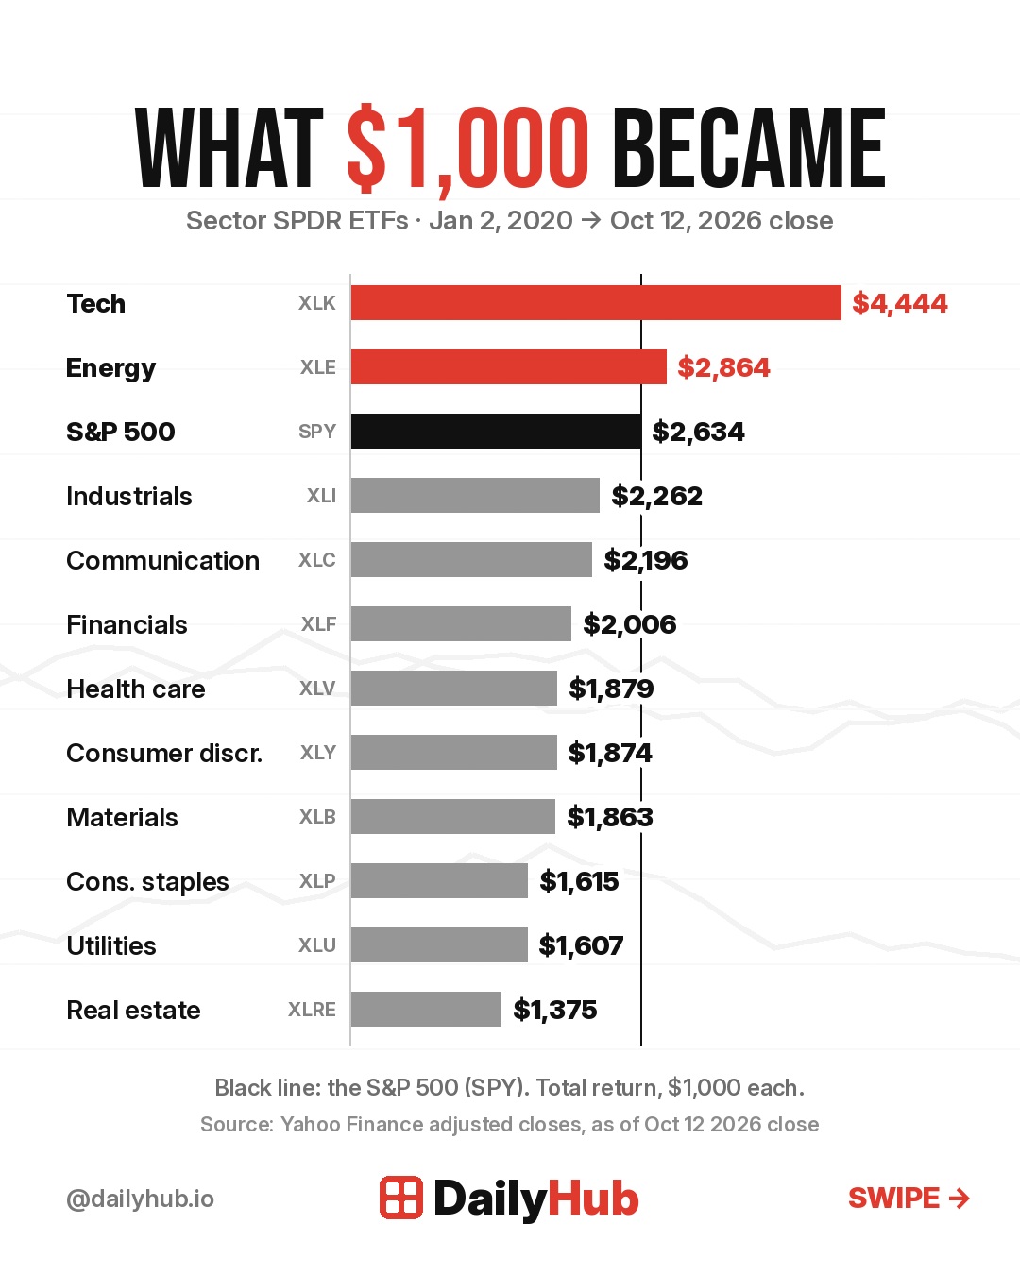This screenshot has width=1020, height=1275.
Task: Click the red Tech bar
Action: pos(596,303)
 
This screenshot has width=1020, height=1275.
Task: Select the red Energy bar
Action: pos(508,366)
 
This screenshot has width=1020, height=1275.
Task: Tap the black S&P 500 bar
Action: pos(496,431)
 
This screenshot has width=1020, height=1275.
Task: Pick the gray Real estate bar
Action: pos(426,1009)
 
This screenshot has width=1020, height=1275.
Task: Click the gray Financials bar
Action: pos(461,623)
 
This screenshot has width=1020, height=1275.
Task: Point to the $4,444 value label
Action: pos(900,303)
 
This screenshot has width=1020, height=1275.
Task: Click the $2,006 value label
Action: pos(629,624)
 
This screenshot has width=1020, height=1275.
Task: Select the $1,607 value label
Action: pos(581,945)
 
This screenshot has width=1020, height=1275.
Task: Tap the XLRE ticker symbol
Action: pos(312,1009)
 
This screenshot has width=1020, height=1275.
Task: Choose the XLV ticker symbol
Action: pos(317,688)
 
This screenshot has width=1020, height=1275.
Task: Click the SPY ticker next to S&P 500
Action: pos(317,432)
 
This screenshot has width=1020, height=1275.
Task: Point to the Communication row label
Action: pos(163,560)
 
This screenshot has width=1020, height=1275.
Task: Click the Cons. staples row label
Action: pos(147,882)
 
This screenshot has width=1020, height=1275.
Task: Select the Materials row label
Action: pos(122,818)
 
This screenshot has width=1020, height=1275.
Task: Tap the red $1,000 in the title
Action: pos(467,150)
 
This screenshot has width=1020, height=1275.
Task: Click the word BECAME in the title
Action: pos(749,147)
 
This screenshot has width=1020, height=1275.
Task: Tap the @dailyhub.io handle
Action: pos(141,1199)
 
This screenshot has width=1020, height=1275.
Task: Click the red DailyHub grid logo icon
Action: pos(401,1198)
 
